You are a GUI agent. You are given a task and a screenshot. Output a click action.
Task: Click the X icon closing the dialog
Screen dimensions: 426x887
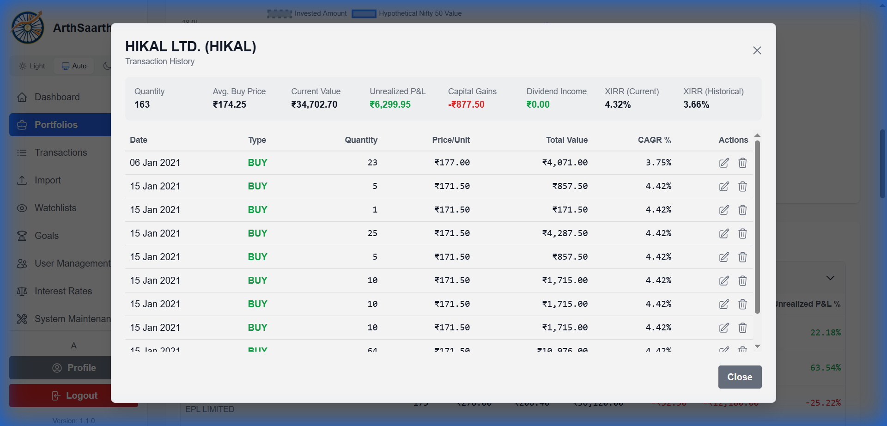[757, 50]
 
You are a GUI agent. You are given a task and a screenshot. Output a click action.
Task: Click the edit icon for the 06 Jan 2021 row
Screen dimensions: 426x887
[724, 163]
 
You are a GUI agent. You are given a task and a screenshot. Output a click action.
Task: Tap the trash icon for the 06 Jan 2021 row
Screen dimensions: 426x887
[742, 163]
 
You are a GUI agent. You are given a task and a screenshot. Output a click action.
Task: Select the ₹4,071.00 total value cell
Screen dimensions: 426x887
[565, 163]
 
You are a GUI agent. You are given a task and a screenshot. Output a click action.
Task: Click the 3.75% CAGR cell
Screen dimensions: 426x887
[658, 163]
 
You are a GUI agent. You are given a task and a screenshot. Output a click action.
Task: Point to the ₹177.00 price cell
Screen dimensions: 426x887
[452, 163]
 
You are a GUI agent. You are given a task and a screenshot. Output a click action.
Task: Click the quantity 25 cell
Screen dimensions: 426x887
[372, 233]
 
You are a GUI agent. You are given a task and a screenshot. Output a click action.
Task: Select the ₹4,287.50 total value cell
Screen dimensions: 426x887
[565, 233]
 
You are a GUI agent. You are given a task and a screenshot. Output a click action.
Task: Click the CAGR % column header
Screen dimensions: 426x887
[654, 140]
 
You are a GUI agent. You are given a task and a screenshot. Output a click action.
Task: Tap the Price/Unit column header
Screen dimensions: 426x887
[451, 140]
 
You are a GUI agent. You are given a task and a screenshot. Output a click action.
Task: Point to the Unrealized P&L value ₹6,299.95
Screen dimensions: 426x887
[390, 104]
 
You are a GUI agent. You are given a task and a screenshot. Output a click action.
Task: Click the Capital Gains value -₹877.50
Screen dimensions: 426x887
[466, 104]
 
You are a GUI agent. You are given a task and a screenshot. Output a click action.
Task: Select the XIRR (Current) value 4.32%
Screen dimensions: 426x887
[618, 104]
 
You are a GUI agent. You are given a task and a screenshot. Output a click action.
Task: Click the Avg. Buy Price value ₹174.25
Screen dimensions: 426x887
[230, 104]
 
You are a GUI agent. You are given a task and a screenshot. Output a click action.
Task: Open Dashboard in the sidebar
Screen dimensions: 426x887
[57, 97]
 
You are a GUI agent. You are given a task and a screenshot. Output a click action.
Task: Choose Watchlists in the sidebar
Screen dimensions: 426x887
[55, 208]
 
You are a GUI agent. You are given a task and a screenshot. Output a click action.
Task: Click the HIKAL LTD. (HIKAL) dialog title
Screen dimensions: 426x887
[190, 47]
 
